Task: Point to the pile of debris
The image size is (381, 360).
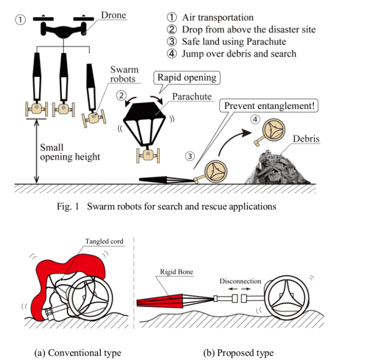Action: point(278,166)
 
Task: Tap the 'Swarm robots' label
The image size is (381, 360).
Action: point(124,74)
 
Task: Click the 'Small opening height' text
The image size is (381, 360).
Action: point(70,153)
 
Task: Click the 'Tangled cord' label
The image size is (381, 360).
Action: point(103,241)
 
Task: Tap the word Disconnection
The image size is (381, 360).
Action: point(240,281)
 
